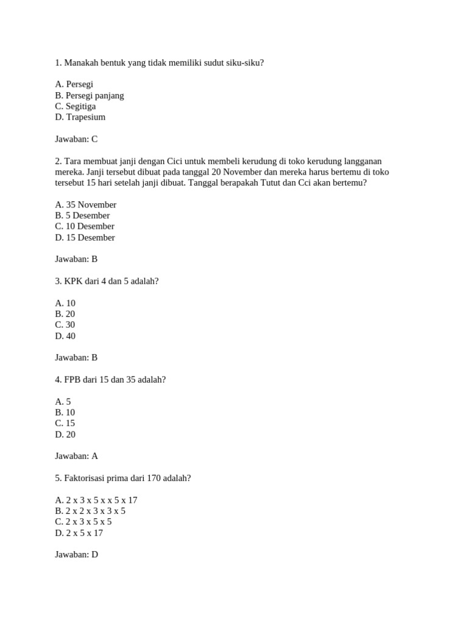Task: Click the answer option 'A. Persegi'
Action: tap(74, 84)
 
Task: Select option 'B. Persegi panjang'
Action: tap(89, 95)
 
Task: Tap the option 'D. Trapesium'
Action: tap(80, 117)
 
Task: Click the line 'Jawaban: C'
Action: tap(76, 139)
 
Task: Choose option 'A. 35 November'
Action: tap(85, 205)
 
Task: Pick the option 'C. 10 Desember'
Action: tap(85, 226)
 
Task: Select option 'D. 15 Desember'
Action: tap(85, 237)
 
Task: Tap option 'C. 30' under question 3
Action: tap(65, 325)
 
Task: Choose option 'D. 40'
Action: tap(65, 336)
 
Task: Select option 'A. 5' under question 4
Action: tap(63, 402)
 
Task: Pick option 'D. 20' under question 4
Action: tap(65, 435)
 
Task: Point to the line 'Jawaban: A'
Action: tap(76, 456)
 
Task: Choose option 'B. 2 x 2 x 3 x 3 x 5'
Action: tap(90, 511)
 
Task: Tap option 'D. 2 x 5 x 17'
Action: tap(79, 533)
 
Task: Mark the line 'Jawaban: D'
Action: tap(76, 555)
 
